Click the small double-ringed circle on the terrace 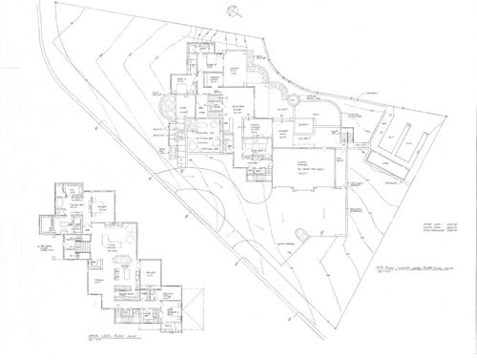tap(293, 99)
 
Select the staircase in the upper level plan tap(79, 250)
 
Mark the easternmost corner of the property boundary tap(447, 115)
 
